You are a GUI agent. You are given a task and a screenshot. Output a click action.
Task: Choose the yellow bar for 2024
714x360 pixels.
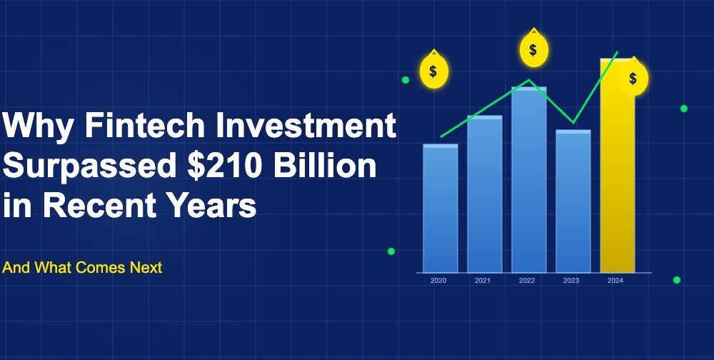click(x=617, y=171)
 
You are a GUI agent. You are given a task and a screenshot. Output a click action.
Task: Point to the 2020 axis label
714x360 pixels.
click(x=438, y=281)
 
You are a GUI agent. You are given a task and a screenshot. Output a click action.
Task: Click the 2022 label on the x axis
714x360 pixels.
click(x=527, y=281)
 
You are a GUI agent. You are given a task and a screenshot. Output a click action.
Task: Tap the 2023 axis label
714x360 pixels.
click(x=571, y=281)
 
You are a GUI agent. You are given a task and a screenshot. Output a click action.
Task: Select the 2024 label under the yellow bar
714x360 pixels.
click(x=615, y=281)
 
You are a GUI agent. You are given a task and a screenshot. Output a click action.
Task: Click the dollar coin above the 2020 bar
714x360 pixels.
click(x=433, y=71)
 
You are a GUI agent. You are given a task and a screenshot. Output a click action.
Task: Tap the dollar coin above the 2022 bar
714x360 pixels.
click(x=533, y=50)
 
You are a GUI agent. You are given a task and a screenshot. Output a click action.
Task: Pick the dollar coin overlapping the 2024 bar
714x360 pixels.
click(x=633, y=78)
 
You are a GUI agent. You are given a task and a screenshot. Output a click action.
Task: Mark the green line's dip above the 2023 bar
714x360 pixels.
click(x=573, y=123)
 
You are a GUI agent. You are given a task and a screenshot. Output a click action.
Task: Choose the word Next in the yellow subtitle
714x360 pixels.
click(x=146, y=268)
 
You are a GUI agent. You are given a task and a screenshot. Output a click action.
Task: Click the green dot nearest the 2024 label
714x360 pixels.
click(x=677, y=280)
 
